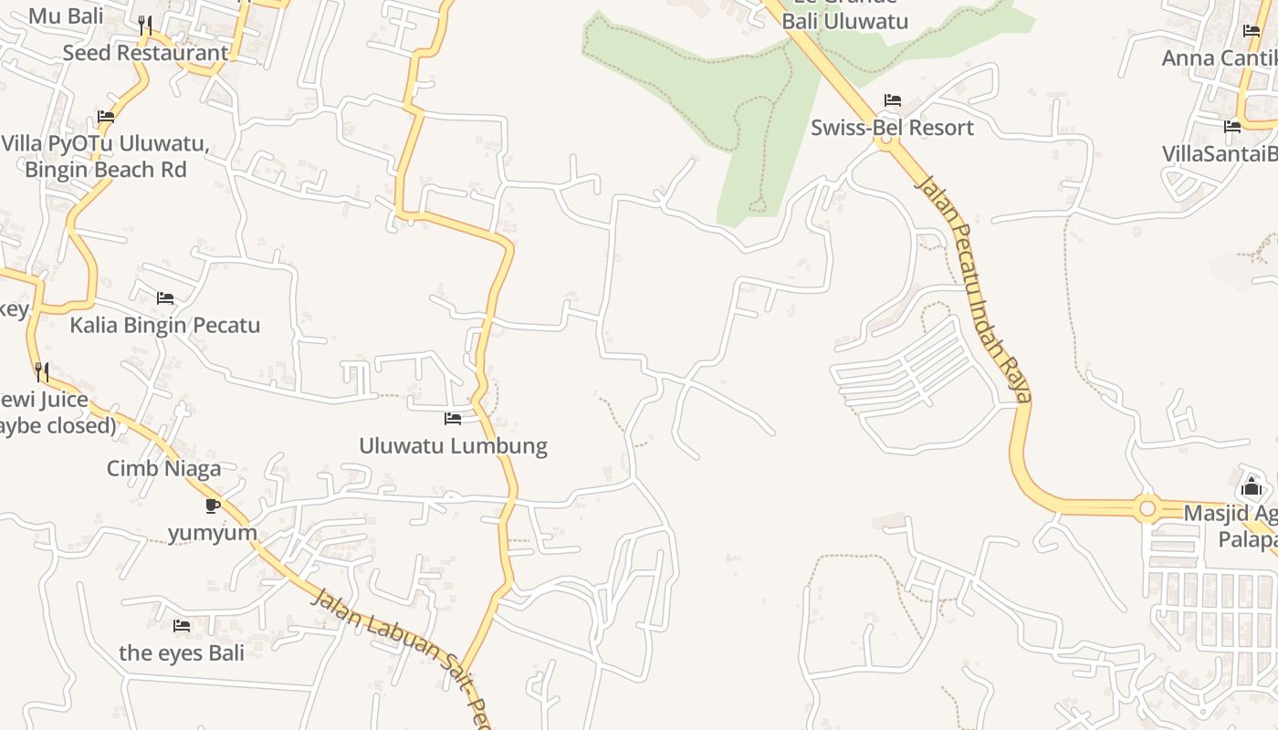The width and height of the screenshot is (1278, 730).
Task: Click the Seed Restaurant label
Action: (x=145, y=53)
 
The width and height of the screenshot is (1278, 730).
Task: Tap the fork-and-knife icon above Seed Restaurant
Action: (x=145, y=25)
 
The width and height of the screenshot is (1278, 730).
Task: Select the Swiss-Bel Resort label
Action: (x=892, y=128)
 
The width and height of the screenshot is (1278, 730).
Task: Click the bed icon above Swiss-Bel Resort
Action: (x=893, y=100)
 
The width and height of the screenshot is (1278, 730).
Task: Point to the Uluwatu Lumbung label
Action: (x=453, y=446)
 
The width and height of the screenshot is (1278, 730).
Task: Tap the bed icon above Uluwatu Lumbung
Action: (x=453, y=419)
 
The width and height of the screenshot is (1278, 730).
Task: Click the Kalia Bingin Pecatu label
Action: (x=165, y=326)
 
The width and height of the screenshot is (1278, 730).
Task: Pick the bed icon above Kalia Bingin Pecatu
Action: (x=165, y=298)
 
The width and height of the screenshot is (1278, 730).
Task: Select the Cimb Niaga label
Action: (x=163, y=469)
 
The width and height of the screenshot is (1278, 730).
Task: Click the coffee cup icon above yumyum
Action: (x=213, y=506)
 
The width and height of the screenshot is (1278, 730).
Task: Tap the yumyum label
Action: (x=213, y=533)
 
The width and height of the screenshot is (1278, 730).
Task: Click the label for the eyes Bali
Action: (x=182, y=653)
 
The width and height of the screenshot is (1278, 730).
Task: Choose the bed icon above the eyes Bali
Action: (x=182, y=626)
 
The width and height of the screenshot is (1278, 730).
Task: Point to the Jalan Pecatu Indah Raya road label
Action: (x=974, y=287)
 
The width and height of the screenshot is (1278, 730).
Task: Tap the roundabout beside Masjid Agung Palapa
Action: (x=1147, y=507)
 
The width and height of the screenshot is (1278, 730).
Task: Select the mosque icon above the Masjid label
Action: (x=1252, y=486)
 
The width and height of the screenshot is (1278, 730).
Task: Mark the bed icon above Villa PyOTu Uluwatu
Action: (x=106, y=117)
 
